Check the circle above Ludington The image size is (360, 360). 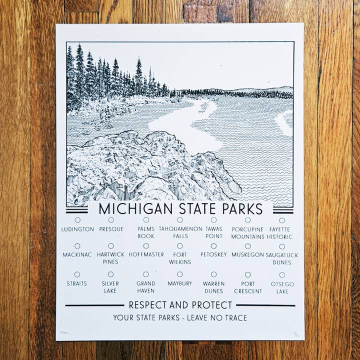click(x=77, y=219)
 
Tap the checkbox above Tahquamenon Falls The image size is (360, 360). click(x=179, y=219)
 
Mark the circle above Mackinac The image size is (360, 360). click(x=77, y=246)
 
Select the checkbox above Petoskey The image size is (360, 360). click(x=213, y=246)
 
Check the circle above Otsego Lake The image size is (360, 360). click(x=282, y=274)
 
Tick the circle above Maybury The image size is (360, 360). click(x=179, y=274)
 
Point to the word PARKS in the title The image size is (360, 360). click(x=240, y=208)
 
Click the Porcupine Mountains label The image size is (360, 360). click(x=248, y=232)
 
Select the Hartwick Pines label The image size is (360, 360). click(x=110, y=258)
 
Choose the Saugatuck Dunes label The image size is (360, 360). click(x=282, y=258)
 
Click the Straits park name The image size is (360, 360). click(x=77, y=283)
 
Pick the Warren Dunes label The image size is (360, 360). click(x=213, y=287)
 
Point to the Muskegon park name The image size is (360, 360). click(x=248, y=254)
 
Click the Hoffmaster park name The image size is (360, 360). click(x=146, y=254)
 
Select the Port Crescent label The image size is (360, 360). click(x=248, y=287)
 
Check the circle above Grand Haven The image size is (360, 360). click(x=146, y=274)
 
